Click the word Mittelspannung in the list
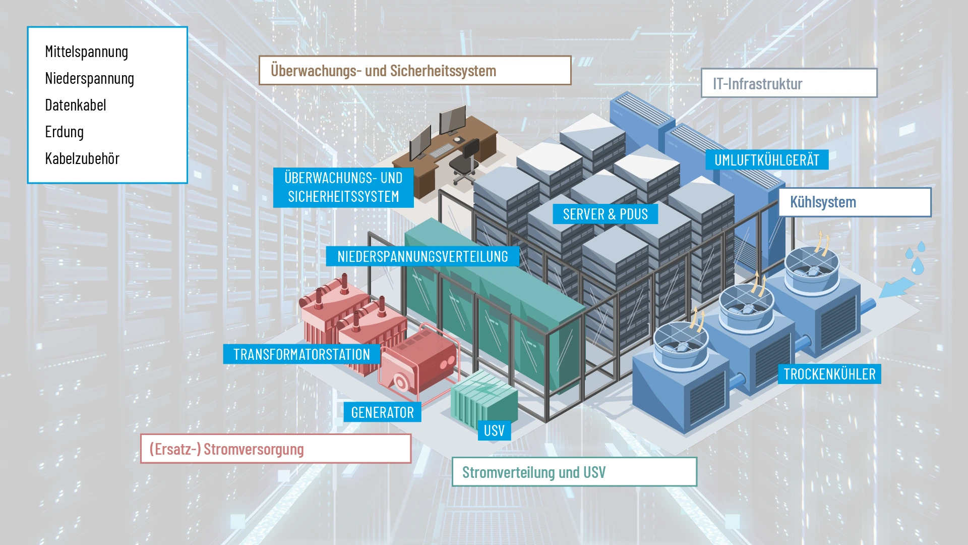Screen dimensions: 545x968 coord(86,52)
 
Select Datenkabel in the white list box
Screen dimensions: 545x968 coord(76,105)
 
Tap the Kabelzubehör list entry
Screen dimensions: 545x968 coord(82,159)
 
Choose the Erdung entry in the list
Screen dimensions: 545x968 coord(64,132)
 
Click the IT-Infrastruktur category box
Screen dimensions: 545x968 coord(789,83)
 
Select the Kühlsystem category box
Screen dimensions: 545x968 coord(855,202)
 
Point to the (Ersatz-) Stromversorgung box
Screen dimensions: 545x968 coord(275,449)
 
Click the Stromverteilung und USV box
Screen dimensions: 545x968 coord(574,472)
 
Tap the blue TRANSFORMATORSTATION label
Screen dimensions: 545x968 coord(301,354)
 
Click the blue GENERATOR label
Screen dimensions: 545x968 coord(382,413)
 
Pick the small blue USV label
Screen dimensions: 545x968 coord(494,430)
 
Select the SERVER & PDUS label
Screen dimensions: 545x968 coord(605,214)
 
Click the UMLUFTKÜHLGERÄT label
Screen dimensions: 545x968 coord(766,160)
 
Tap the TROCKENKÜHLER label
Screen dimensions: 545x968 coord(829,374)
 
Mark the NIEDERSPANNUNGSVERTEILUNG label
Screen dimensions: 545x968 coord(422,256)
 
